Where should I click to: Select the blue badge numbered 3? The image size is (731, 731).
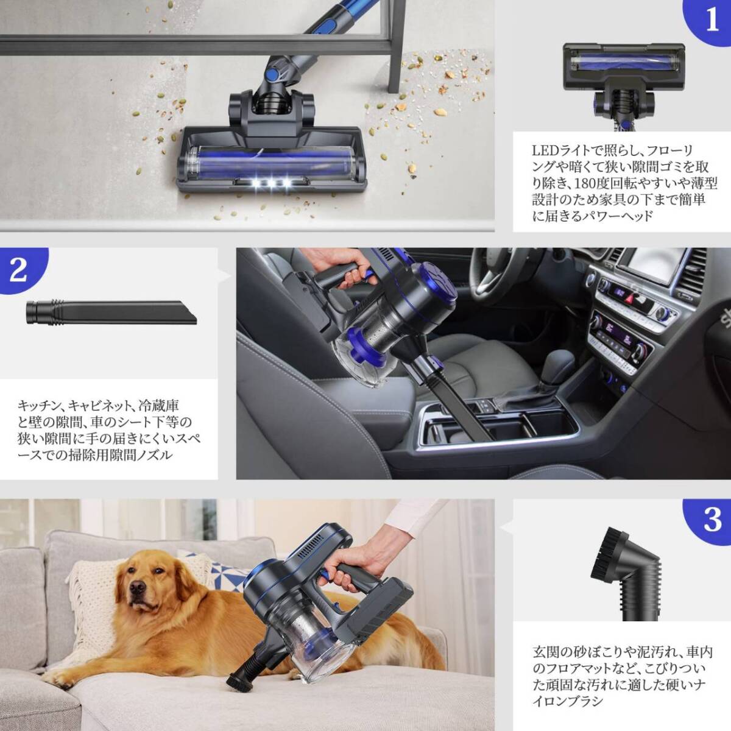point(711,520)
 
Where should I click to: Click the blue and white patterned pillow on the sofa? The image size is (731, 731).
point(216,570)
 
